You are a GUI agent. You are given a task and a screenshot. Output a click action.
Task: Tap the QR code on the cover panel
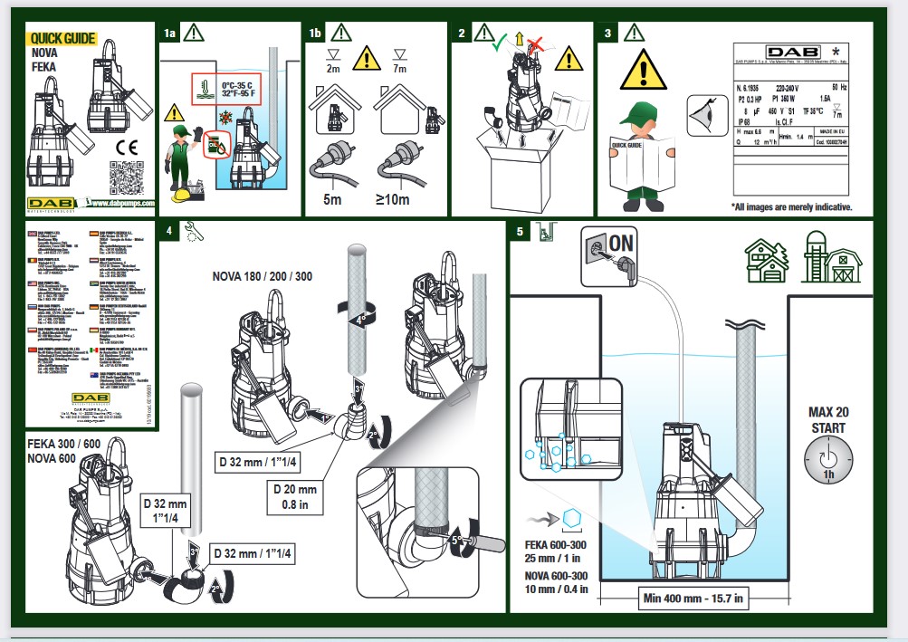point(128,178)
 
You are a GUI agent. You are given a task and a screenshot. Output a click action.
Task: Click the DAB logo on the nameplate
point(753,52)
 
